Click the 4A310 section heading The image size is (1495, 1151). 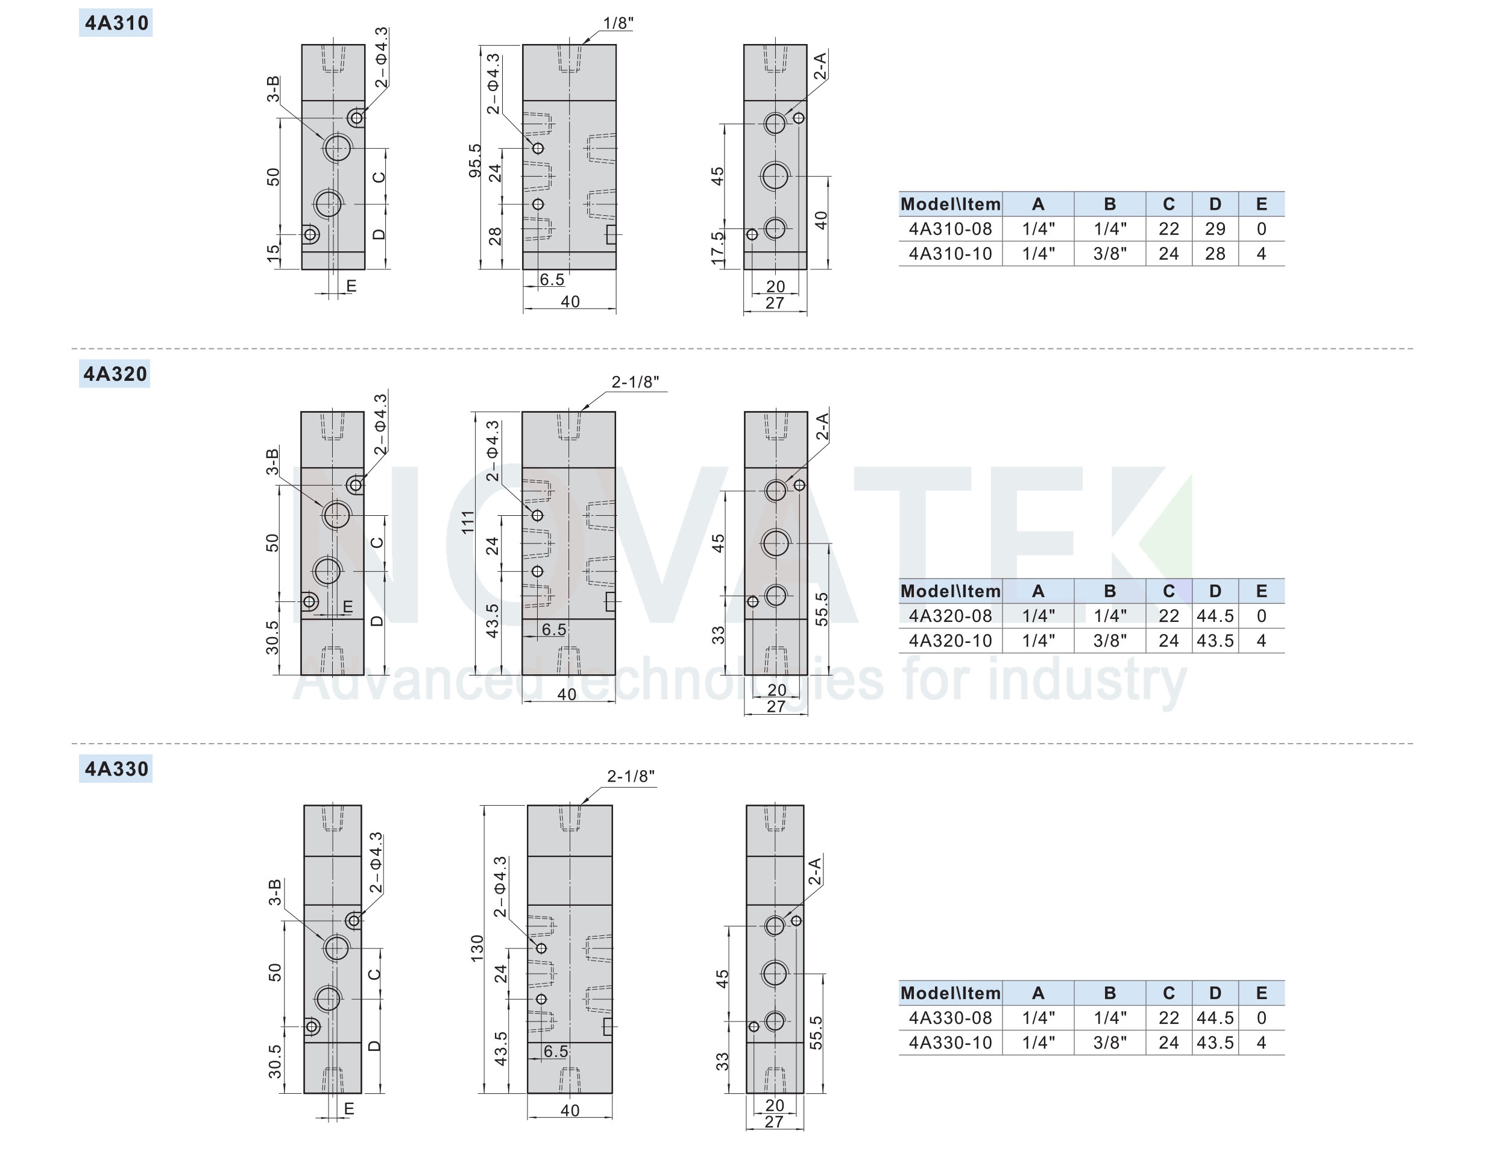[116, 22]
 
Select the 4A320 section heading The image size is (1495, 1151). [115, 374]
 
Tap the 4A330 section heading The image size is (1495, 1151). [116, 768]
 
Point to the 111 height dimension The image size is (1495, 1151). [468, 522]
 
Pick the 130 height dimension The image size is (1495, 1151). [477, 949]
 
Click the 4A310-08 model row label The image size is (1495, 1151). [950, 228]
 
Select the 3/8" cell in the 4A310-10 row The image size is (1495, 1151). [1110, 254]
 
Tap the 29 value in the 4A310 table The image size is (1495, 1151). [1215, 228]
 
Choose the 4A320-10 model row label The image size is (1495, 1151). [950, 641]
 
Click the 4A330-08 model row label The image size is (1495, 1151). [950, 1018]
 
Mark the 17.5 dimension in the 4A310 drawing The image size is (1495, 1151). [717, 248]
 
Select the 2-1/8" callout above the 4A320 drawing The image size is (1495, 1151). [635, 382]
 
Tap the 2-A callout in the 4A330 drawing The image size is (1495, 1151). [814, 871]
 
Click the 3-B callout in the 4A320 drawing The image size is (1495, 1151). [272, 461]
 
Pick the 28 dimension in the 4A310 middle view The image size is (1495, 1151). [495, 237]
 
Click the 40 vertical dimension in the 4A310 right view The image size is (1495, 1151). [821, 221]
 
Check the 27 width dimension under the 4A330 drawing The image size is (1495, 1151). [773, 1121]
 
